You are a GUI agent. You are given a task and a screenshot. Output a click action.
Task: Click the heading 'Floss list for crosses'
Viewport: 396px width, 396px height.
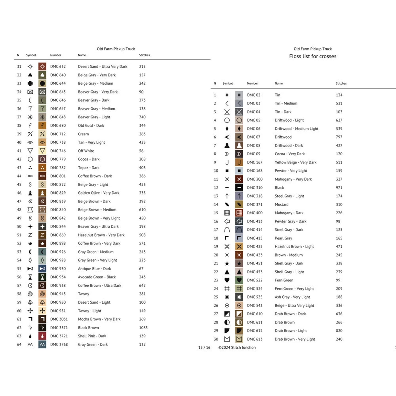click(x=313, y=56)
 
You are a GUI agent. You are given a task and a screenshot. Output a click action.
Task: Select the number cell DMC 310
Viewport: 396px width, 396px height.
click(x=255, y=188)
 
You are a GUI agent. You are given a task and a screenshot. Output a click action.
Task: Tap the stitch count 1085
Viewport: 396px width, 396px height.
click(x=143, y=328)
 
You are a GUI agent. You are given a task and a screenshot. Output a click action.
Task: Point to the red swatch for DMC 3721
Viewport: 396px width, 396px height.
click(x=42, y=336)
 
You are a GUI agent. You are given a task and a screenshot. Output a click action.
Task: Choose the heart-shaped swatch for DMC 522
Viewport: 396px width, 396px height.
click(x=239, y=280)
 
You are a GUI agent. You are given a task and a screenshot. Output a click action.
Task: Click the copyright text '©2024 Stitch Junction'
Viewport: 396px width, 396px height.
click(x=237, y=347)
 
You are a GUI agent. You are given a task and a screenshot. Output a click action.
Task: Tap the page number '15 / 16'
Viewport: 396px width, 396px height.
click(x=204, y=347)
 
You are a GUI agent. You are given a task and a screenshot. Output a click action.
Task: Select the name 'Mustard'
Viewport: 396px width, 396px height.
click(x=281, y=204)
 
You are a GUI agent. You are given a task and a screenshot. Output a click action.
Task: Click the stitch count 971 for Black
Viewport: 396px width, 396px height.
click(x=339, y=188)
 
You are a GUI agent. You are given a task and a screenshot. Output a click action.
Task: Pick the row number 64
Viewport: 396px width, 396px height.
click(x=19, y=344)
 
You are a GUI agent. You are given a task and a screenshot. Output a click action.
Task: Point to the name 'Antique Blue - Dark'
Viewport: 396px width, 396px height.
click(x=94, y=269)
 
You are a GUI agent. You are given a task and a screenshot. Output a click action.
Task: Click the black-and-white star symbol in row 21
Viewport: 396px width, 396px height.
click(x=227, y=263)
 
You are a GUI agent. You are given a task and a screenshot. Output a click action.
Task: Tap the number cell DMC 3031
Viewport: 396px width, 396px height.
click(x=59, y=319)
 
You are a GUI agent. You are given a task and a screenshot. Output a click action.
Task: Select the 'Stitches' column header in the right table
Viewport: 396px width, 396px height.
click(x=341, y=83)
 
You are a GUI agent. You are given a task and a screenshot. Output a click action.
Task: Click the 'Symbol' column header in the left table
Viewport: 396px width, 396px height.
click(x=31, y=55)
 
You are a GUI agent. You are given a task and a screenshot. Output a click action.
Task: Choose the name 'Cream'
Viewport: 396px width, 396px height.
click(x=83, y=134)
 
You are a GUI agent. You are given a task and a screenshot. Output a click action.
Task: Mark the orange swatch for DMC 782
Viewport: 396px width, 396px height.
click(x=42, y=168)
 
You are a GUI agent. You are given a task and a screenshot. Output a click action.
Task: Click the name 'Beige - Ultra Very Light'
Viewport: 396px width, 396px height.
click(x=294, y=306)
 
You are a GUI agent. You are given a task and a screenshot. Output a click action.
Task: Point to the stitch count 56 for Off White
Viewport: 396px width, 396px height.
click(x=141, y=151)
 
